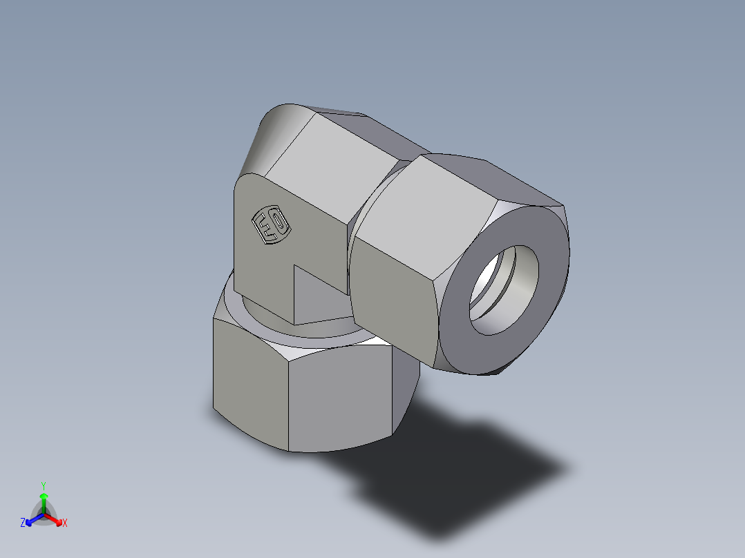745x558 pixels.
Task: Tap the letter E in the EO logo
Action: coord(265,229)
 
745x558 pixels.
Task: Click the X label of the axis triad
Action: coord(64,523)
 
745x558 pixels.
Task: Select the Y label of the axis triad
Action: coord(44,485)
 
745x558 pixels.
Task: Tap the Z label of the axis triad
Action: coord(23,523)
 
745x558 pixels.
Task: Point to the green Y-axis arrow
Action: coord(44,501)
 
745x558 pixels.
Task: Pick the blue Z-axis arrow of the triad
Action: coord(32,519)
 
